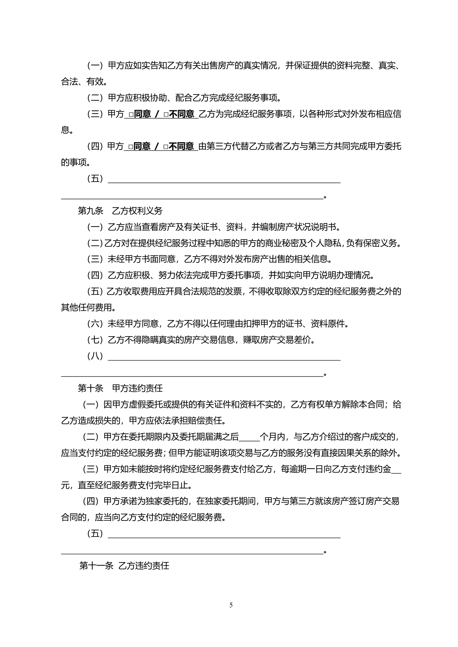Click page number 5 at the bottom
231,605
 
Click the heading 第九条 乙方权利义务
120,211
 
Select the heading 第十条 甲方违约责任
120,388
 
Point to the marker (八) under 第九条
95,356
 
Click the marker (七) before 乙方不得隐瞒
95,340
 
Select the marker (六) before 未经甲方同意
95,324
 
